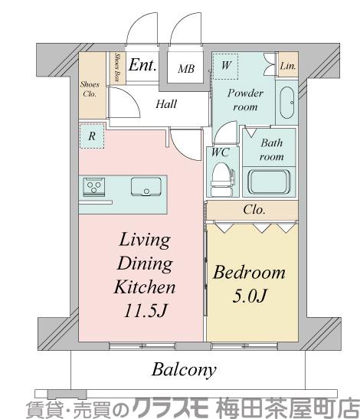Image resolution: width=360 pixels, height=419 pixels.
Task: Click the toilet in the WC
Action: pyautogui.click(x=221, y=179)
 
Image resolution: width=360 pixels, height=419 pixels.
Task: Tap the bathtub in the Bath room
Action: pyautogui.click(x=269, y=182)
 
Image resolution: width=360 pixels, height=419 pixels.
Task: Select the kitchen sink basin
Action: pyautogui.click(x=146, y=186)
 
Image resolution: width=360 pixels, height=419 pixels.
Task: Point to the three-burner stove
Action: pyautogui.click(x=93, y=187)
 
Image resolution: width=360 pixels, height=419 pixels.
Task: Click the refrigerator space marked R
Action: pyautogui.click(x=92, y=136)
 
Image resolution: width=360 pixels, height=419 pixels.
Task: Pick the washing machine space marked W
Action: pyautogui.click(x=225, y=67)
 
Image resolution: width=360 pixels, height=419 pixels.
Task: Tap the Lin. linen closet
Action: pyautogui.click(x=288, y=65)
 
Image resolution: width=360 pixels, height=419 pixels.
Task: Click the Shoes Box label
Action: pyautogui.click(x=117, y=67)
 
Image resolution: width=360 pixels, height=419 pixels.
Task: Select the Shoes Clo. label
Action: pyautogui.click(x=90, y=90)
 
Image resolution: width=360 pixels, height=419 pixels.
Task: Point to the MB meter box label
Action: pyautogui.click(x=186, y=69)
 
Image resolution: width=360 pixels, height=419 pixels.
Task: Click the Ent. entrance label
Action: pyautogui.click(x=142, y=65)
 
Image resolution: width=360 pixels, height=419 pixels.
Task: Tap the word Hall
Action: pyautogui.click(x=166, y=104)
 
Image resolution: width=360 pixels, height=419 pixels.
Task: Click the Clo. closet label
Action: pyautogui.click(x=254, y=210)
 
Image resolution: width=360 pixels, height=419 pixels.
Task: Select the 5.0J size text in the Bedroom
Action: pyautogui.click(x=250, y=296)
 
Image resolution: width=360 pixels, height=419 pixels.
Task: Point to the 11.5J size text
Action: pyautogui.click(x=146, y=310)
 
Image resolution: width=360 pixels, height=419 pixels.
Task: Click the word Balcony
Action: pyautogui.click(x=184, y=371)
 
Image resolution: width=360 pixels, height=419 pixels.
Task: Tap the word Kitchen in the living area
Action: pyautogui.click(x=145, y=287)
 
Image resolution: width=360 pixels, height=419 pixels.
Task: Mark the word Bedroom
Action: pyautogui.click(x=249, y=273)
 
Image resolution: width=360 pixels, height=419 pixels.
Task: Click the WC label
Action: pyautogui.click(x=220, y=152)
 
